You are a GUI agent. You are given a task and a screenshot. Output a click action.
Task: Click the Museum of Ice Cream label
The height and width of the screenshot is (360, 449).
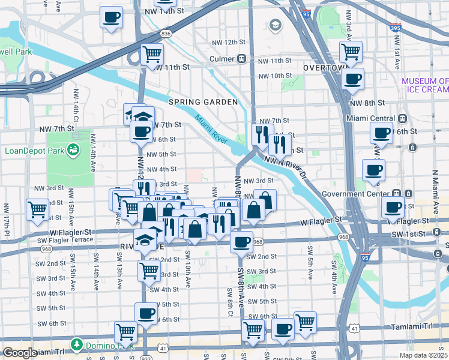[425, 85]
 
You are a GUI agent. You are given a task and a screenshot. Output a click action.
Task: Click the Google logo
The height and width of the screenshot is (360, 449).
[19, 353]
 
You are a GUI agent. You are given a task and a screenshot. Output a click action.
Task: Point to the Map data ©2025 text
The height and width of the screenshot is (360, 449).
[424, 355]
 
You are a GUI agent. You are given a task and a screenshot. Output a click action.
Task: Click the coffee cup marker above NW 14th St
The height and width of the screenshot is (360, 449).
[111, 17]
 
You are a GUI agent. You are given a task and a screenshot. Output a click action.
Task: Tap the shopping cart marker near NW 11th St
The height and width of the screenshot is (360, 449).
[152, 54]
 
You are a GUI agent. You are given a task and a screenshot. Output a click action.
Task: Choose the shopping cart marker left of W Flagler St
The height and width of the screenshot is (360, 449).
[38, 209]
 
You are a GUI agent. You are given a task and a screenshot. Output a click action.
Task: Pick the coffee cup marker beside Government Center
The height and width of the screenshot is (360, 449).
[393, 208]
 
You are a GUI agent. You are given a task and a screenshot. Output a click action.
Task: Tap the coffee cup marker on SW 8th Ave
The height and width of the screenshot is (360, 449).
[241, 242]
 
